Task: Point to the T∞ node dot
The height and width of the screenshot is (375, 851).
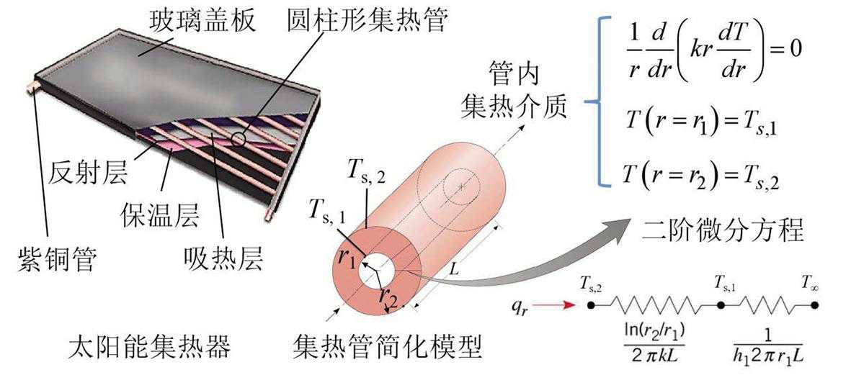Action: coord(814,305)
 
